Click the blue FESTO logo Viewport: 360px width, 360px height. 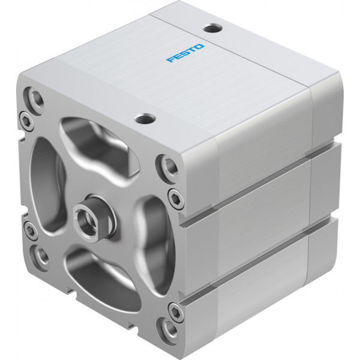tap(185, 53)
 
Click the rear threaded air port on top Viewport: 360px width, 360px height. tap(212, 29)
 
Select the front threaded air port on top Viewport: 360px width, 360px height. tap(145, 119)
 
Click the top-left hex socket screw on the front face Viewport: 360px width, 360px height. tap(25, 121)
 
